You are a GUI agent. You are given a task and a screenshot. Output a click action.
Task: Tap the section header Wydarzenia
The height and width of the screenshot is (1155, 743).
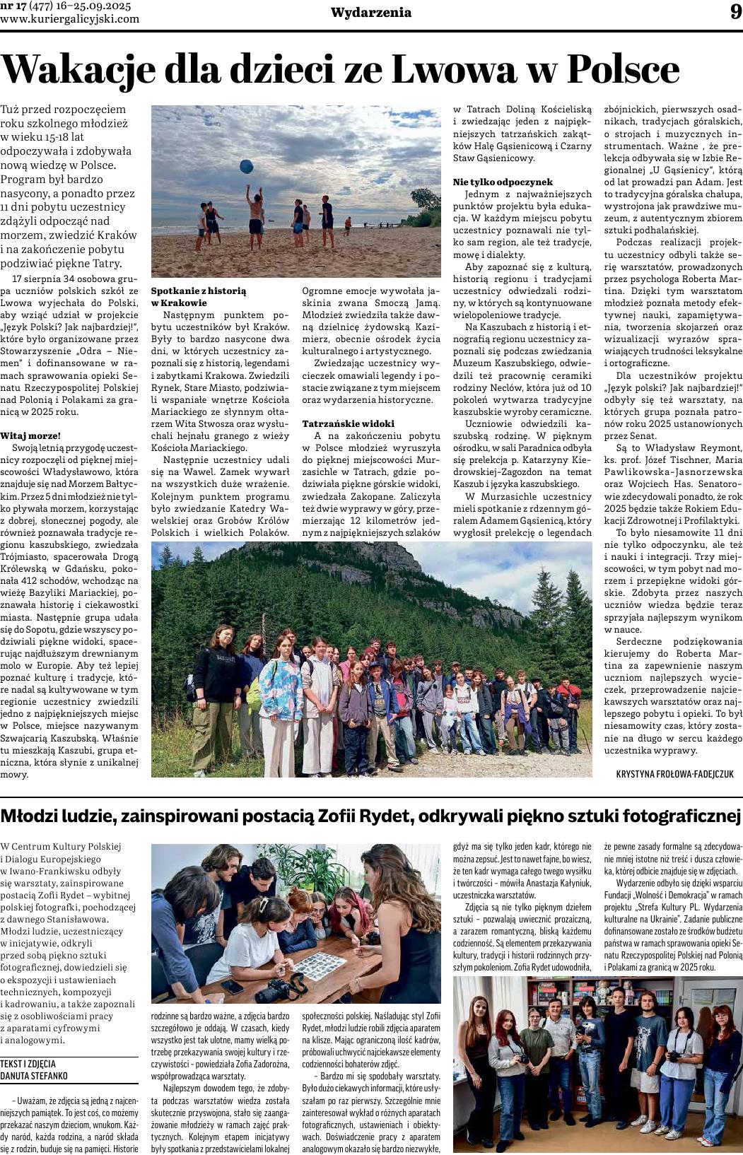pos(371,12)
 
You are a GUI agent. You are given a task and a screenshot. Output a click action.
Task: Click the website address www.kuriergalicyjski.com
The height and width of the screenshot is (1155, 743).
pos(70,19)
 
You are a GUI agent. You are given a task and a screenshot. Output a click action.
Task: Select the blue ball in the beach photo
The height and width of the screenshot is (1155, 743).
pos(246,166)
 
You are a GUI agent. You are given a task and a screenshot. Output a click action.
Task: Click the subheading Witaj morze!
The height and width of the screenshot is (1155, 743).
pos(30,435)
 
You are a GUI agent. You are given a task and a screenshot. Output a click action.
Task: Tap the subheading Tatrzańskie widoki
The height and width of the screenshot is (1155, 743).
pos(339,423)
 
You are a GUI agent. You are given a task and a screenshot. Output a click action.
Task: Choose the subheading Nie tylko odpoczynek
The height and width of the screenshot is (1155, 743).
pos(503,182)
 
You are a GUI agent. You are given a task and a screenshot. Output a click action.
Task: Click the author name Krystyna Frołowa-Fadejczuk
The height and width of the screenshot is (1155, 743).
pos(675,775)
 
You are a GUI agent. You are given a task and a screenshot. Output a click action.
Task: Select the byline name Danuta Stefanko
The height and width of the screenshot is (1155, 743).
pos(34,1076)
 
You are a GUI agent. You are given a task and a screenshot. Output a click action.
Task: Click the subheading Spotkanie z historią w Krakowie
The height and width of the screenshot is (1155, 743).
pos(199,296)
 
